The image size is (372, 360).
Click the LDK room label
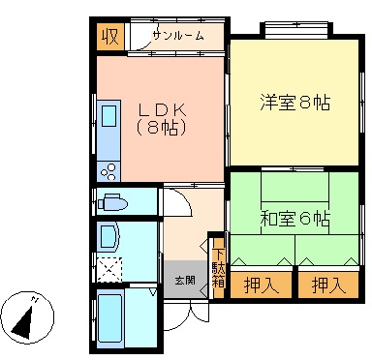pos(163,110)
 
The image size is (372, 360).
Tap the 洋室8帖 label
pos(294,103)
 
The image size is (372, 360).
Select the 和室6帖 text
pos(294,219)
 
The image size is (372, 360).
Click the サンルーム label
pos(178,35)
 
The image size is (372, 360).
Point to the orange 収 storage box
pos(110,37)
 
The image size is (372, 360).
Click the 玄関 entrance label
pos(185,280)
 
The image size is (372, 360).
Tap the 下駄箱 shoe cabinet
pos(218,268)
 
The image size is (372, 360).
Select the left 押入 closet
pos(261,285)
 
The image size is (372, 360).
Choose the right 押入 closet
pos(328,285)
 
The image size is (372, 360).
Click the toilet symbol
pos(113,202)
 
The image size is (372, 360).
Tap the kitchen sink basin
pos(108,116)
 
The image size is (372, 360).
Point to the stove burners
pos(108,171)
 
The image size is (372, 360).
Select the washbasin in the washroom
pos(110,238)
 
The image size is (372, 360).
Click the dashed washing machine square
pos(109,270)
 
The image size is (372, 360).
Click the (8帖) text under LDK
pos(162,128)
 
